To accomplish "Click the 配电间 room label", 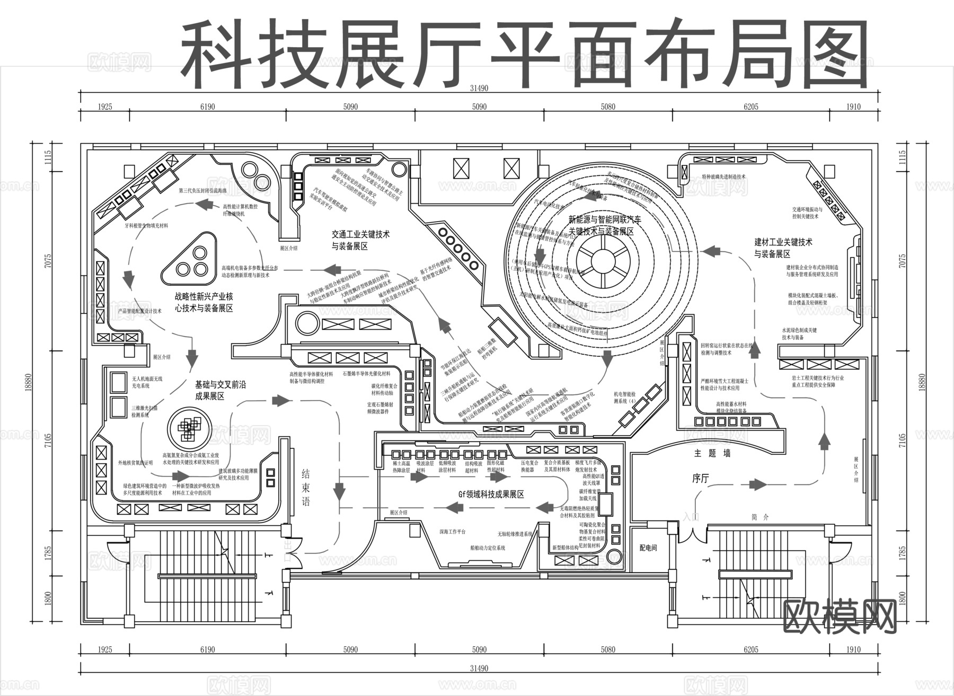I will coord(648,548).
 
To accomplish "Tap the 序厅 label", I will coord(700,479).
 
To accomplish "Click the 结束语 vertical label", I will coord(306,487).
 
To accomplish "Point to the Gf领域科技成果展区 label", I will coord(491,494).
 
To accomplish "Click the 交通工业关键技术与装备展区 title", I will coord(360,240).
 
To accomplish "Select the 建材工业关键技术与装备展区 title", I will coord(783,248).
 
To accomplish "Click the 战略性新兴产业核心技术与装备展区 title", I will coord(204,302).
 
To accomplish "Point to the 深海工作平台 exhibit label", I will coord(452,531).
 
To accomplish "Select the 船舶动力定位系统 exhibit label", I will coord(488,548).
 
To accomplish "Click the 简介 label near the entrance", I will coord(759,517).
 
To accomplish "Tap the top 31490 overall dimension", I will coord(479,89).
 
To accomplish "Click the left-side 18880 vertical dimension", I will coord(29,384).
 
